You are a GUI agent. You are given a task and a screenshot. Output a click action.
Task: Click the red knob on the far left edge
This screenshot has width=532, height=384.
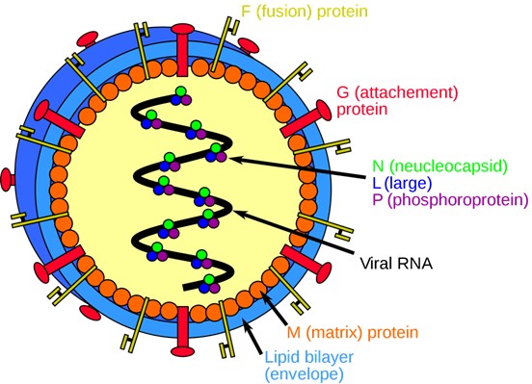(8, 179)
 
